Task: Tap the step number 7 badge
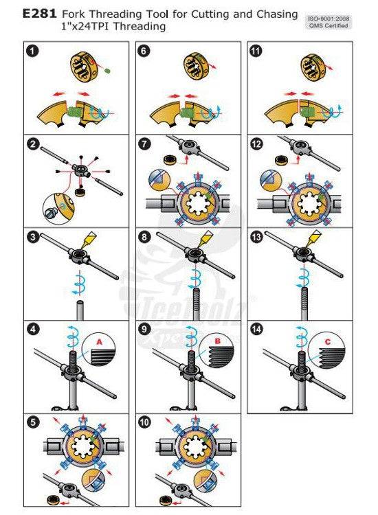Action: [x=144, y=144]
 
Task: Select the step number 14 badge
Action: [x=256, y=329]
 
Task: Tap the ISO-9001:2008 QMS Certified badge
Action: [x=327, y=20]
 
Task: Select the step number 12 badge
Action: [x=256, y=144]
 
